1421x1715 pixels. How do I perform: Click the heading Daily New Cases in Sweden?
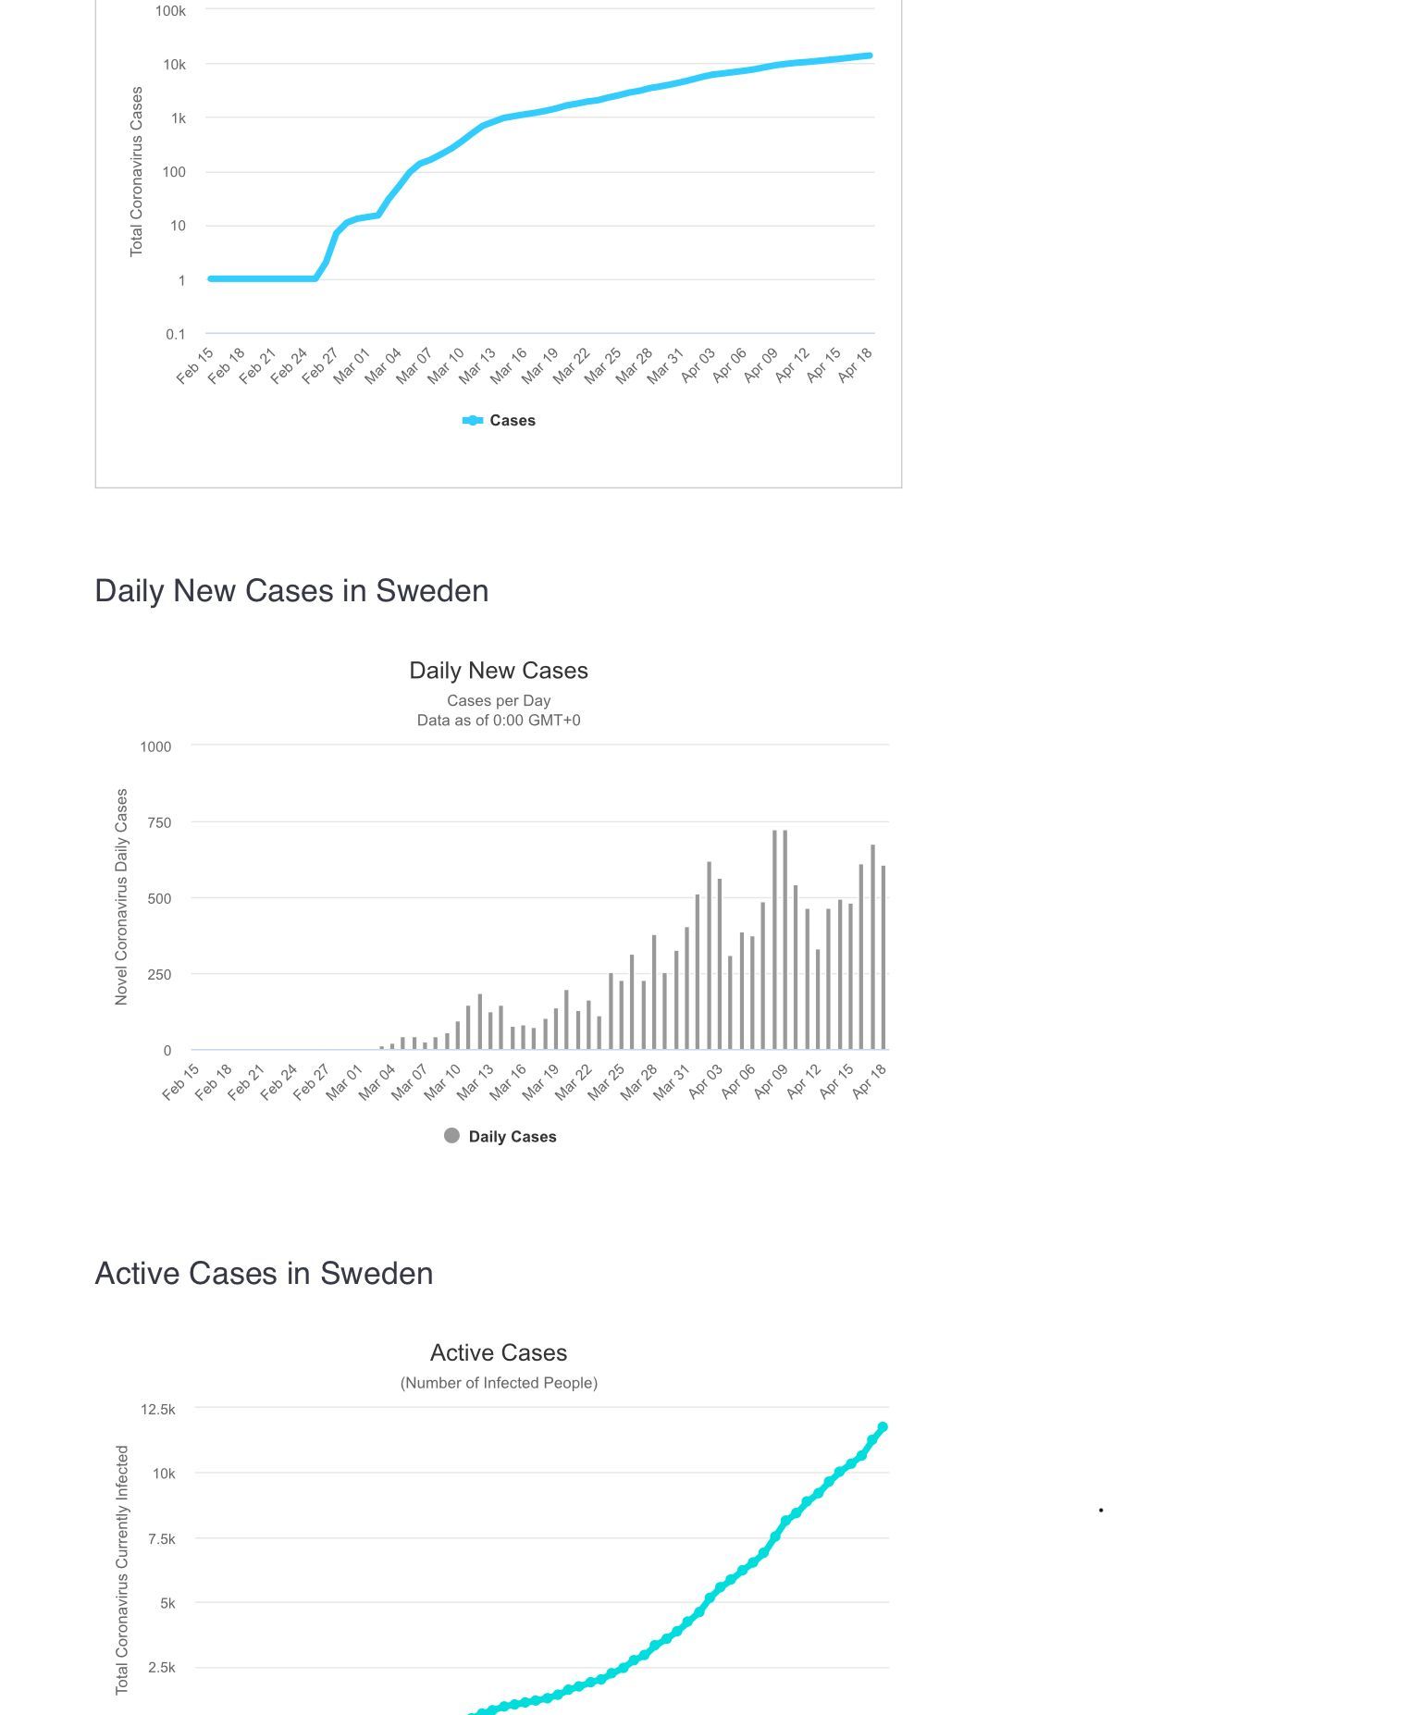click(x=291, y=591)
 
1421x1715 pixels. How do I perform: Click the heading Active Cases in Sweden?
click(x=264, y=1274)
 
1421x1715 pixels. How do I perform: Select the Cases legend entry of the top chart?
click(x=499, y=421)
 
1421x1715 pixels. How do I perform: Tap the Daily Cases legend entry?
click(x=500, y=1137)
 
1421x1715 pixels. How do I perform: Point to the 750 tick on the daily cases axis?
click(x=159, y=823)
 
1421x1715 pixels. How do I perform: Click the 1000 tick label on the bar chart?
click(x=155, y=746)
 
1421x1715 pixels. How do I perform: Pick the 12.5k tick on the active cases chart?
click(x=158, y=1410)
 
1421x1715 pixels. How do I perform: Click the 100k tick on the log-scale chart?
click(x=170, y=11)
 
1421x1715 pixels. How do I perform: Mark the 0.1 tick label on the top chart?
click(x=176, y=334)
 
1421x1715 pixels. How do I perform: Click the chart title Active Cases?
click(x=499, y=1353)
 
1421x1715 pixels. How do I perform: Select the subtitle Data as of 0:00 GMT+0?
click(x=499, y=721)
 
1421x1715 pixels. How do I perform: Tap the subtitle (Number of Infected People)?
click(x=499, y=1383)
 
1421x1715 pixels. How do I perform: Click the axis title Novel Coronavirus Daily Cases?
click(x=121, y=897)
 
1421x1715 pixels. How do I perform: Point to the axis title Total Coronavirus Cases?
click(x=137, y=172)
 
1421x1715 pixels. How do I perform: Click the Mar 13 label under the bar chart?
click(x=474, y=1082)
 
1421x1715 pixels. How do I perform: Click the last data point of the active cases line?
click(x=883, y=1427)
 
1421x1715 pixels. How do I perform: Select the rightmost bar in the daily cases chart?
click(x=883, y=957)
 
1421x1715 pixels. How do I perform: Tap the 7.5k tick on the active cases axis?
click(x=162, y=1539)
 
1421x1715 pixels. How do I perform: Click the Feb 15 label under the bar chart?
click(x=180, y=1082)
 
